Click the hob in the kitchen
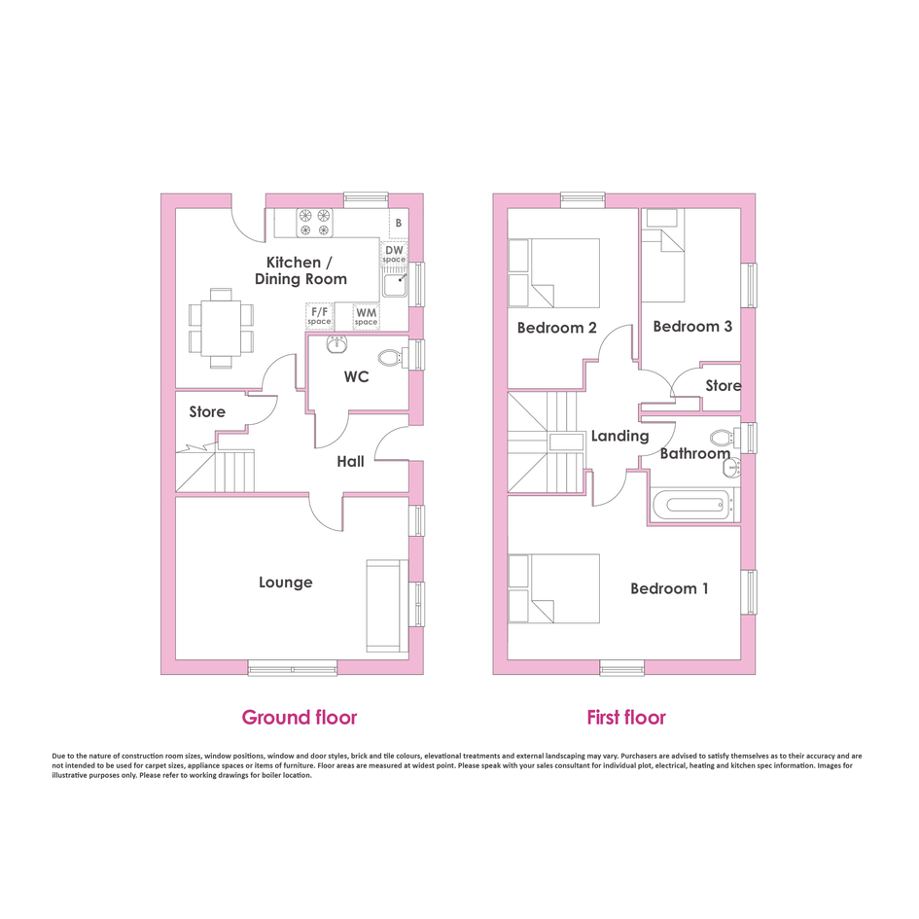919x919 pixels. point(314,223)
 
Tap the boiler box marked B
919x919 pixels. point(399,224)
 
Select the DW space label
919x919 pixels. point(394,255)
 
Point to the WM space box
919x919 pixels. point(367,316)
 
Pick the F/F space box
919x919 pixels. point(319,316)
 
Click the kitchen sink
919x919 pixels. point(396,285)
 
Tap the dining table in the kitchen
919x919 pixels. point(221,329)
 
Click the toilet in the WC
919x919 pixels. point(393,357)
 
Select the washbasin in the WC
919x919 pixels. point(337,344)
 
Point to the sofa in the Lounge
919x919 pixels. point(387,606)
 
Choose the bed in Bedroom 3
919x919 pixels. point(663,255)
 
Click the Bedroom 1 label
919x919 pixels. point(669,588)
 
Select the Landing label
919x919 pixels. point(619,436)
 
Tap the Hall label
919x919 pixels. point(350,462)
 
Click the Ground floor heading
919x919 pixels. point(299,718)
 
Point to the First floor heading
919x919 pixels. point(626,718)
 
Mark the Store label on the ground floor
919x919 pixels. point(207,412)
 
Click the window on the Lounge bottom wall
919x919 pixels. point(293,667)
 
